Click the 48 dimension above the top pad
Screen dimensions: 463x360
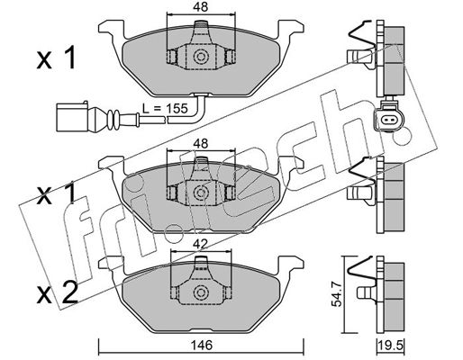tap(201, 7)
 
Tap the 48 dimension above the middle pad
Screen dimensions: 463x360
tap(201, 144)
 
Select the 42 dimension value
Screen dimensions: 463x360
tap(201, 245)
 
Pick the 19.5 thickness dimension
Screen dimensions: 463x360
tap(392, 346)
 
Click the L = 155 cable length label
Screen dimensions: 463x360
tap(165, 108)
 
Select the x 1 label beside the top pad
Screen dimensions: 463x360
tap(57, 58)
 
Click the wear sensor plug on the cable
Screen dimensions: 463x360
tap(72, 116)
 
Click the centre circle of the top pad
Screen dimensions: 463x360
tap(201, 57)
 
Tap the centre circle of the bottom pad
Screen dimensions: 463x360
tap(201, 292)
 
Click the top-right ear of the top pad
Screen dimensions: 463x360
tap(291, 29)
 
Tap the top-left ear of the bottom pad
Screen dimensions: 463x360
tap(111, 264)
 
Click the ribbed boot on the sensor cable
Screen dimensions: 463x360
tap(113, 118)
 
